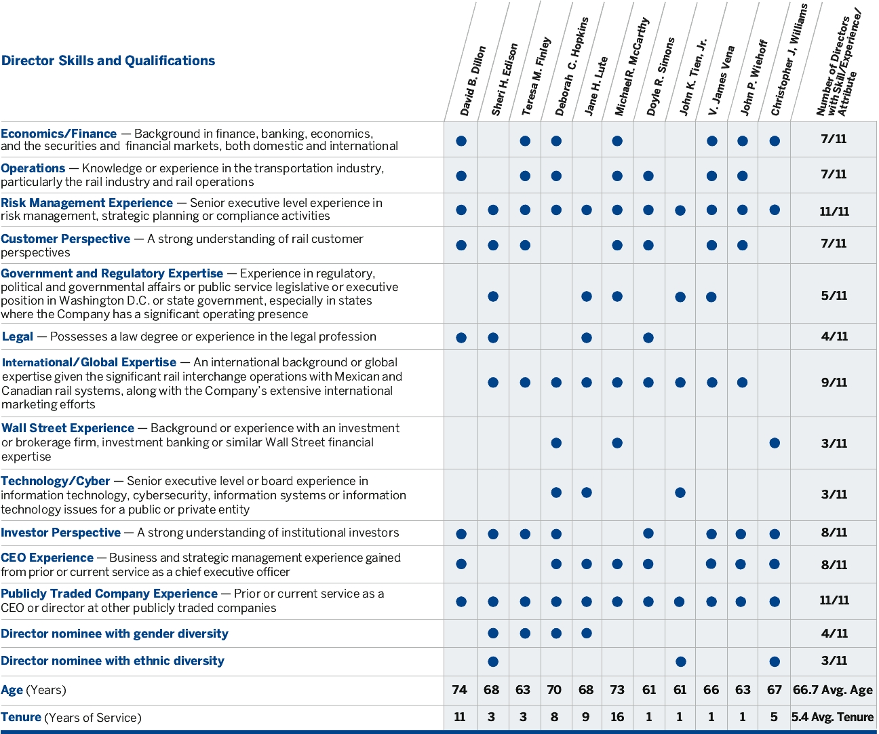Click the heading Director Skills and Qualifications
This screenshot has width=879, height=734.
[x=109, y=60]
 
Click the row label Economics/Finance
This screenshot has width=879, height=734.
[x=59, y=134]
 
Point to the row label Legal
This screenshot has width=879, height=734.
[x=18, y=336]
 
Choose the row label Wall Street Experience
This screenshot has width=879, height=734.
[x=68, y=428]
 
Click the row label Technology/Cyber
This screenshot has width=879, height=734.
[x=56, y=481]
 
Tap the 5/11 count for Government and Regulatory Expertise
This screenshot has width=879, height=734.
[x=834, y=296]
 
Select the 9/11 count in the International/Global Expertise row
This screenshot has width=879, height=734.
[x=834, y=383]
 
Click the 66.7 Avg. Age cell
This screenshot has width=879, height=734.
[x=833, y=690]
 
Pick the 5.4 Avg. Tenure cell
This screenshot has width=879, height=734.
[x=833, y=717]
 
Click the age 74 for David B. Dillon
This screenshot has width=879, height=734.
[x=460, y=690]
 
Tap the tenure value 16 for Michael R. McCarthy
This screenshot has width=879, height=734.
[x=617, y=717]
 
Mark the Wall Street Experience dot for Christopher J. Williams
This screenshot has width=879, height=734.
[x=775, y=443]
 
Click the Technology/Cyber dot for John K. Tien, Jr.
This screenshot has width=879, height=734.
[x=680, y=492]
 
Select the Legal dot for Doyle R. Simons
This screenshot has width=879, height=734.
[x=648, y=338]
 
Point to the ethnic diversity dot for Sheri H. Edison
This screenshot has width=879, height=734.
[x=493, y=661]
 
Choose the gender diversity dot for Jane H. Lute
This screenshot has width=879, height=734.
[x=587, y=634]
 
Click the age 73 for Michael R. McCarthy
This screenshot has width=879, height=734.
[x=617, y=690]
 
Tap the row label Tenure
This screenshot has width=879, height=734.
[x=21, y=717]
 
